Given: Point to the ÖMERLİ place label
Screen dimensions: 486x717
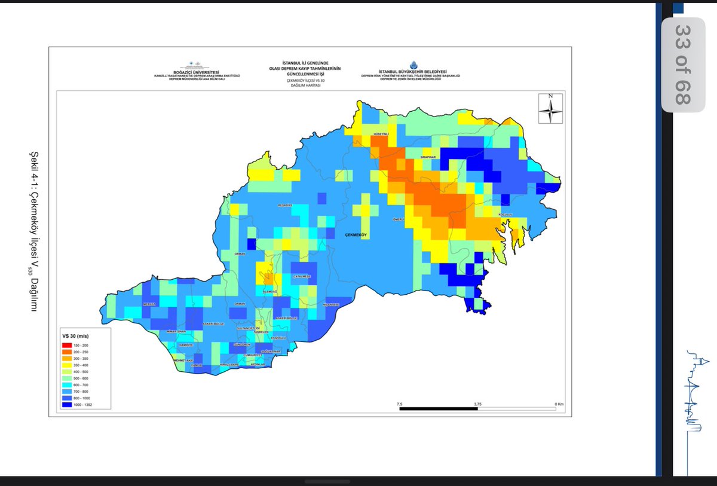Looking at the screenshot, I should point(399,219).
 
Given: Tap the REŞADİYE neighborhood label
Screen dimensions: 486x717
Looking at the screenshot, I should point(285,205).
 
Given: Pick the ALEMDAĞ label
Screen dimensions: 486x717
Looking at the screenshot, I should point(271,291).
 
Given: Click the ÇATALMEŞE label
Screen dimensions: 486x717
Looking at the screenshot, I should point(302,276).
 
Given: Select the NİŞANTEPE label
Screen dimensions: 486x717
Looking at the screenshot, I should point(331,304).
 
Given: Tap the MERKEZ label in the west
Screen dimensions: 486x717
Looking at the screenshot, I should point(149,304).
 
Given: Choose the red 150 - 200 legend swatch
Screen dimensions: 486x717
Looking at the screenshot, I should point(68,346).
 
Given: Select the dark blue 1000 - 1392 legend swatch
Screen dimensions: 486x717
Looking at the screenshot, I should point(68,405).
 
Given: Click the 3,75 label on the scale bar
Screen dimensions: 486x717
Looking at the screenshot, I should point(477,404).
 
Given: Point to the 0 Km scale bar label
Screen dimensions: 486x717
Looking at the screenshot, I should point(559,404).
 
